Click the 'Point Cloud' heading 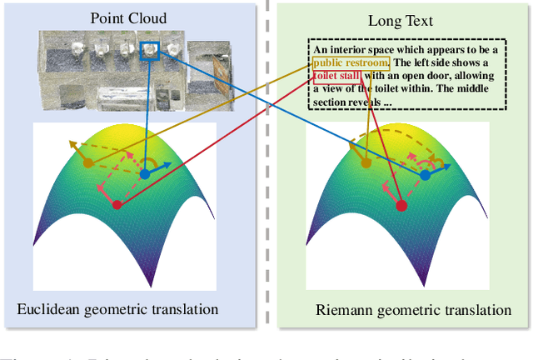129,18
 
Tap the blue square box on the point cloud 150,52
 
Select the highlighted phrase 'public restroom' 351,62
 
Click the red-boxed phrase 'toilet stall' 339,77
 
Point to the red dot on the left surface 117,204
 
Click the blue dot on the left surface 144,174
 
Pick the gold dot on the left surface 88,162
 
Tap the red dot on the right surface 401,205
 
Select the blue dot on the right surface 426,175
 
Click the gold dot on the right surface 366,163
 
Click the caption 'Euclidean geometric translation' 117,309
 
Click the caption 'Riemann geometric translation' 413,310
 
